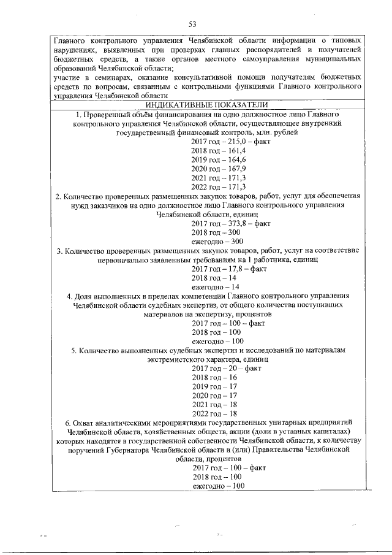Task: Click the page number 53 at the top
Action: click(x=192, y=24)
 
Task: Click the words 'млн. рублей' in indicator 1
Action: click(x=278, y=132)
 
